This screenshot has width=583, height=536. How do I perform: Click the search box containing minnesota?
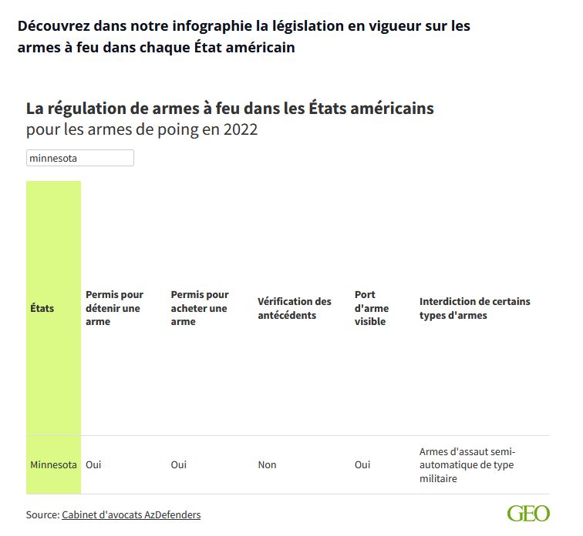pyautogui.click(x=80, y=158)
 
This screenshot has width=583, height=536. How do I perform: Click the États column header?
pyautogui.click(x=42, y=308)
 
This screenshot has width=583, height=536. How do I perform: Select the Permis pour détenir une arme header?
pyautogui.click(x=114, y=308)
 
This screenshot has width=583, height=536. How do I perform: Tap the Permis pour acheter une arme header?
pyautogui.click(x=200, y=308)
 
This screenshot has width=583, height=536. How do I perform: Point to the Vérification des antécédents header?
pyautogui.click(x=294, y=308)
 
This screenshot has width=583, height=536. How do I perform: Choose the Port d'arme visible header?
pyautogui.click(x=372, y=308)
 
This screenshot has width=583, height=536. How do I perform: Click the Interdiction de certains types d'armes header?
pyautogui.click(x=474, y=308)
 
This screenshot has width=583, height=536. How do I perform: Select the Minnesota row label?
pyautogui.click(x=53, y=465)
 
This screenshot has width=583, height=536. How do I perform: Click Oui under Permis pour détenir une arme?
pyautogui.click(x=93, y=465)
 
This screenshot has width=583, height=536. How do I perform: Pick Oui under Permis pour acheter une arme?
pyautogui.click(x=179, y=465)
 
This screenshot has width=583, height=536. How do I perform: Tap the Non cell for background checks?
pyautogui.click(x=267, y=465)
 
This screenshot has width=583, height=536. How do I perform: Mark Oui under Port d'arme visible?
pyautogui.click(x=362, y=465)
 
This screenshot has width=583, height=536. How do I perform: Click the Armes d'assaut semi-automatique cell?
pyautogui.click(x=467, y=465)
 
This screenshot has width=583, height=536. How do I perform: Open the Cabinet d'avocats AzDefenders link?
pyautogui.click(x=131, y=514)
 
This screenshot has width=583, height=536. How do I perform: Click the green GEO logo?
pyautogui.click(x=528, y=514)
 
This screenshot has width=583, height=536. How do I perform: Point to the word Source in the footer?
pyautogui.click(x=42, y=514)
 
